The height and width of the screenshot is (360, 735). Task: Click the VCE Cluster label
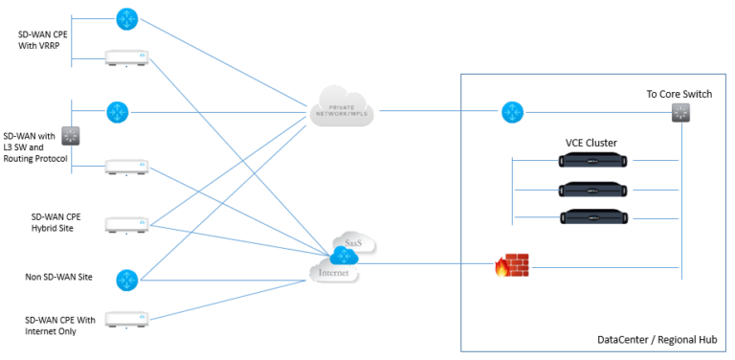coord(590,143)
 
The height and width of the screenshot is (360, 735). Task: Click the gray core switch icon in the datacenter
coord(680,113)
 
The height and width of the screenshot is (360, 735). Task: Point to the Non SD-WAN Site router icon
coord(126,280)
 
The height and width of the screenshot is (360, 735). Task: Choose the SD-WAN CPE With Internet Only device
coord(126,319)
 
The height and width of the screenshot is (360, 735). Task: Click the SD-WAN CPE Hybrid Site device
coord(126,225)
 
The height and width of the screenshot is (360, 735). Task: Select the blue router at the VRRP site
coord(126,18)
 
